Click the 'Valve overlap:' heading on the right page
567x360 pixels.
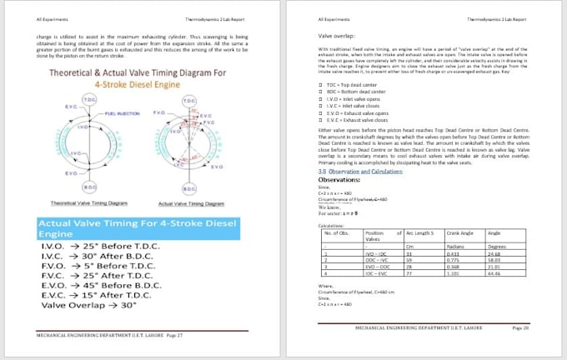coord(338,37)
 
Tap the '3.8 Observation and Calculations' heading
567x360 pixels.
coord(359,171)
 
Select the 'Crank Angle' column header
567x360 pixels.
coord(459,232)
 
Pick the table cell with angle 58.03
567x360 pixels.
coord(494,259)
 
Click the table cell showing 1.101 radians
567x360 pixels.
coord(454,272)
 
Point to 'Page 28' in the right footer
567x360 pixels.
coord(520,328)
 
